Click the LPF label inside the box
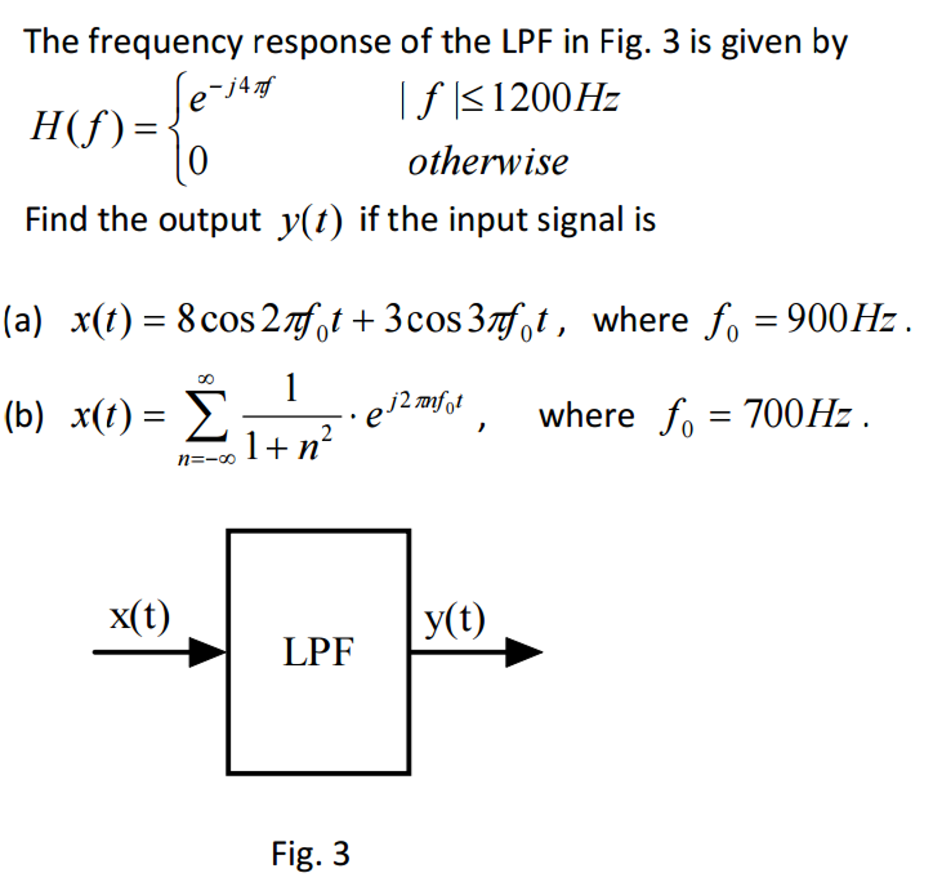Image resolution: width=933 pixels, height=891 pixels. click(x=318, y=652)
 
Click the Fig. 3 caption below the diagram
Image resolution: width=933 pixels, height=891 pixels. click(x=310, y=853)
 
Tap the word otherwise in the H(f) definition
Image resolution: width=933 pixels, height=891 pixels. click(x=488, y=162)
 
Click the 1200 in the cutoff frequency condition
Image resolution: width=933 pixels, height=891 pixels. click(x=530, y=98)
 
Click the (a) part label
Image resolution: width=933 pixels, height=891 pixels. click(x=22, y=320)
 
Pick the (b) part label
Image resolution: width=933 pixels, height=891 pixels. click(x=23, y=416)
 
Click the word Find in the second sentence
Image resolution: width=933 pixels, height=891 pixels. click(x=57, y=219)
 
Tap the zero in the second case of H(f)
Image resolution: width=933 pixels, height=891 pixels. click(x=198, y=162)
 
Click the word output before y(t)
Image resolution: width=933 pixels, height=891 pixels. click(x=209, y=220)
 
